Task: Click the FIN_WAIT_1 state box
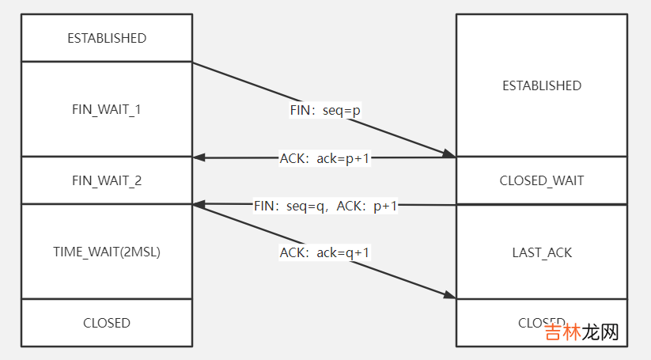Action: tap(107, 109)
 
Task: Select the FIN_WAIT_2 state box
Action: tap(107, 180)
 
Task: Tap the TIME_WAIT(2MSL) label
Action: tap(107, 252)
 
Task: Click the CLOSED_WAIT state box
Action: tap(542, 180)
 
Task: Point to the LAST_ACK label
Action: tap(542, 252)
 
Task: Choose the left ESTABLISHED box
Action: tap(107, 38)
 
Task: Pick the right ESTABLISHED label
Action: tap(542, 85)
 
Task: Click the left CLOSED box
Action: tap(107, 323)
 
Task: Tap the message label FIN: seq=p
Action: tap(325, 111)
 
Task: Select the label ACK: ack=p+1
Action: tap(325, 158)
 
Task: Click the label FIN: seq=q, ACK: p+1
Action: tap(325, 206)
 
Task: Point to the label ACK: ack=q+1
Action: tap(325, 253)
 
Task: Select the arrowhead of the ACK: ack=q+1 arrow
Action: tap(450, 296)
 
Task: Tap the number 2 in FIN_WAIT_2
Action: tap(138, 180)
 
